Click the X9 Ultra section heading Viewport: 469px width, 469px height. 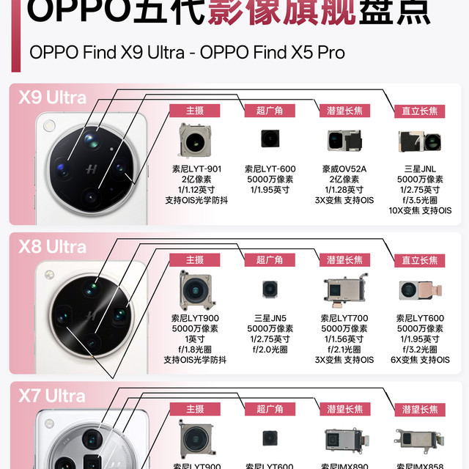click(x=53, y=97)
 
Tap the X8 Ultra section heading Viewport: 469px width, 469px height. click(x=53, y=246)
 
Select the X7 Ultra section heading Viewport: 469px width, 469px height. click(x=53, y=396)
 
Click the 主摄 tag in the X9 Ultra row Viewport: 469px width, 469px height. click(x=194, y=111)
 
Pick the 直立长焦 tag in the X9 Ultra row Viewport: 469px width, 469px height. click(x=420, y=111)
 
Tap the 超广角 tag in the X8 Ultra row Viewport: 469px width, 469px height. click(x=270, y=260)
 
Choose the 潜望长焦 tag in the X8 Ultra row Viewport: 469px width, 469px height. click(x=344, y=260)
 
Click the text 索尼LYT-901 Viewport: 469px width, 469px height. click(x=195, y=169)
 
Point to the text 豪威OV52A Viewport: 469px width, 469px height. click(x=344, y=169)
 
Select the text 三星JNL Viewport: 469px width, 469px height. click(x=420, y=169)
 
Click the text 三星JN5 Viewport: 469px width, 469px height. click(x=270, y=318)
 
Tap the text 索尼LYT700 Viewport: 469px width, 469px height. click(x=344, y=318)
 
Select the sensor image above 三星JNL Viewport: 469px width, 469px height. click(x=420, y=141)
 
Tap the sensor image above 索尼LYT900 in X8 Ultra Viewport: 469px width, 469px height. click(x=195, y=289)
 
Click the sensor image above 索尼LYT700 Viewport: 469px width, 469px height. click(x=344, y=290)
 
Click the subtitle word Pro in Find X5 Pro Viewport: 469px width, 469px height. click(x=328, y=53)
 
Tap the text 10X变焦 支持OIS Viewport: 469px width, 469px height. click(x=420, y=210)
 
